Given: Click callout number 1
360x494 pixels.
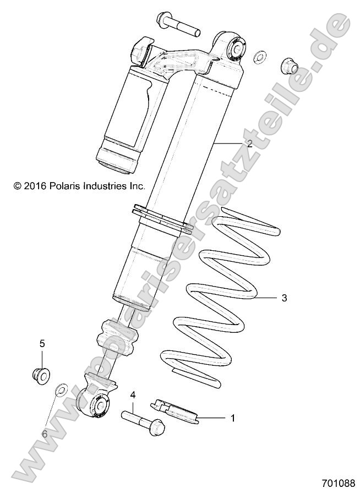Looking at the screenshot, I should [232, 419].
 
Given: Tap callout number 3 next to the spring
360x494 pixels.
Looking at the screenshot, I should [284, 298].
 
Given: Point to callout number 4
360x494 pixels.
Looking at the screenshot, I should [133, 394].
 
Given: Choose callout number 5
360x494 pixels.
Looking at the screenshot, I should [42, 343].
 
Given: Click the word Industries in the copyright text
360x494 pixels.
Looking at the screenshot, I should [104, 186].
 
